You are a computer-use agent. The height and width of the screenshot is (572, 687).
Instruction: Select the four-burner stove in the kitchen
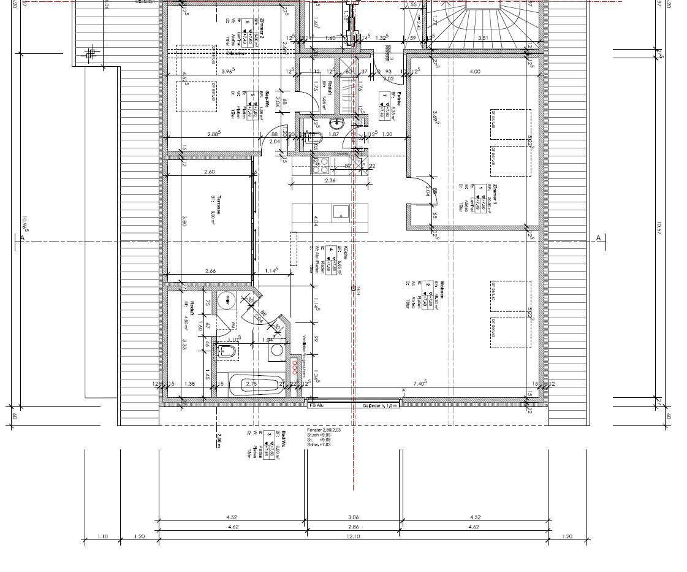tap(320, 166)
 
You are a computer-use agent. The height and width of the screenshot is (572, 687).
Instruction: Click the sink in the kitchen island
tap(340, 212)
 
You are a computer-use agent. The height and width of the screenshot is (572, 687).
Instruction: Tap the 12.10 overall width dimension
tap(354, 537)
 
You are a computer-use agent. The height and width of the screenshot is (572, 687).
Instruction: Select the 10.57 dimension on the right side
tap(661, 228)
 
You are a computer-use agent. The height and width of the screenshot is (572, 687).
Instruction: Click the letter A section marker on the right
tap(599, 238)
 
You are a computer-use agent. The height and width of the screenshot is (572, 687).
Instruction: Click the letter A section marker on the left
tap(22, 238)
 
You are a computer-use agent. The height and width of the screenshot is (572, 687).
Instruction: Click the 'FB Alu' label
tap(316, 405)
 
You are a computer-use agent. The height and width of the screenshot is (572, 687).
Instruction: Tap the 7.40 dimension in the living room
tap(419, 383)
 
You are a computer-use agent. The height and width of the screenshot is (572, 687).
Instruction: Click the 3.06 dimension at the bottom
tap(354, 517)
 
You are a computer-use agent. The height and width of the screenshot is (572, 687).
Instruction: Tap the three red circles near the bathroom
tap(295, 367)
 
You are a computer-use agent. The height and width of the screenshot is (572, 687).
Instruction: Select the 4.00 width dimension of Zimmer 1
tap(474, 72)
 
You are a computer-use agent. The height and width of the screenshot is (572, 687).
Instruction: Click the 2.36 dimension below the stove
tap(330, 180)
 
